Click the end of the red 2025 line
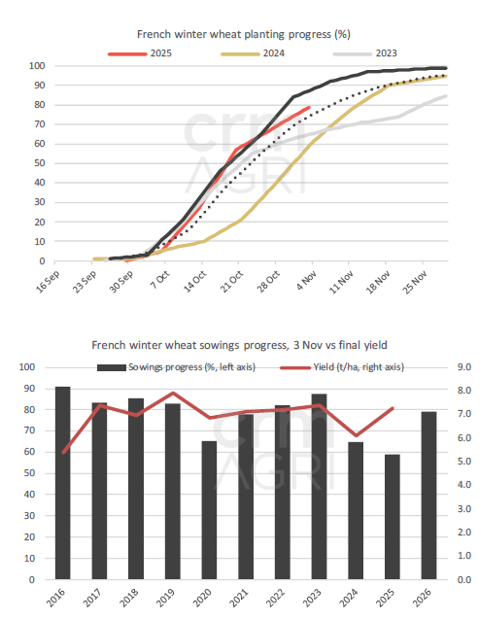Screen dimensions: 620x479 (x=309, y=108)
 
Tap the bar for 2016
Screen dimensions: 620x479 (x=62, y=483)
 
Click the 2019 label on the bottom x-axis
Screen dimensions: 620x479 (x=172, y=600)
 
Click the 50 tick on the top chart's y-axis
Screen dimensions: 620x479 (x=36, y=163)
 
